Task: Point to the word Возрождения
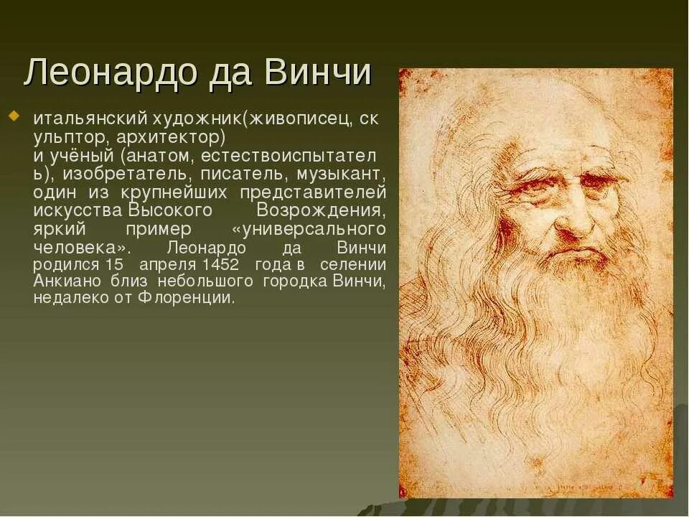[321, 210]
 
